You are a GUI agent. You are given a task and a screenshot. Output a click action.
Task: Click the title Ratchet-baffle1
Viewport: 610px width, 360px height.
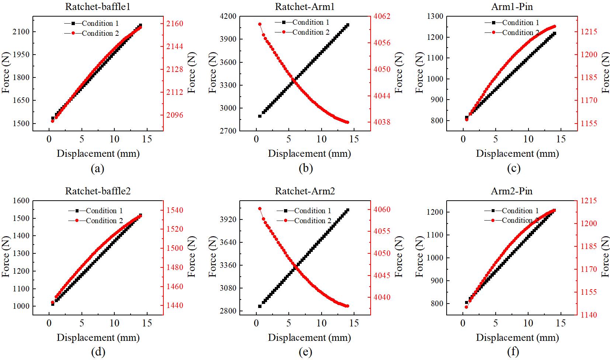[98, 7]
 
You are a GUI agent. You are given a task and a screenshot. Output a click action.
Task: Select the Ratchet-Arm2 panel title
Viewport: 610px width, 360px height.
[305, 191]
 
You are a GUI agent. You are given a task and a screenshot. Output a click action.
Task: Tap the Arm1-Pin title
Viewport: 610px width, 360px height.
[512, 7]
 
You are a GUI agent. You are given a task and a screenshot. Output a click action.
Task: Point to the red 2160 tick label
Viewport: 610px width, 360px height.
[174, 24]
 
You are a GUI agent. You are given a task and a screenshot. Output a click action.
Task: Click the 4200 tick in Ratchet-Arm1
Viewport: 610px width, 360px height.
[228, 16]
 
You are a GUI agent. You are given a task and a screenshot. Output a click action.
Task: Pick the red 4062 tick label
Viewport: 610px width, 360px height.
[382, 16]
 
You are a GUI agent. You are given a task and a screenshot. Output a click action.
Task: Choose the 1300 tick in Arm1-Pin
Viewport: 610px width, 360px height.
[435, 16]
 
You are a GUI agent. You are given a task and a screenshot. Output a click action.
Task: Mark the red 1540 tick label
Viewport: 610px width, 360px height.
[174, 210]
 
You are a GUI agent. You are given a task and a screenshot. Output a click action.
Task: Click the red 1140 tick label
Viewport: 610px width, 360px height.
[589, 315]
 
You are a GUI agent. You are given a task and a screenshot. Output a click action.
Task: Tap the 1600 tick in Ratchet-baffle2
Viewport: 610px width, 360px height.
[21, 201]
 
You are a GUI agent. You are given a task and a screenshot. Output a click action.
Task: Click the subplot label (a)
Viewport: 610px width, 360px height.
[98, 169]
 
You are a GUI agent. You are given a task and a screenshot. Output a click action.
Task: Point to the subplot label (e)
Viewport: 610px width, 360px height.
[305, 352]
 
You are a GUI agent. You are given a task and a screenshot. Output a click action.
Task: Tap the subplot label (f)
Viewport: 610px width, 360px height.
[513, 352]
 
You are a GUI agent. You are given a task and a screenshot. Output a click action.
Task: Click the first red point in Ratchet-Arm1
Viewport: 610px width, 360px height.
[260, 24]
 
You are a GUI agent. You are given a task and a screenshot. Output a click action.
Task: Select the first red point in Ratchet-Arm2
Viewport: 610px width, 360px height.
[260, 209]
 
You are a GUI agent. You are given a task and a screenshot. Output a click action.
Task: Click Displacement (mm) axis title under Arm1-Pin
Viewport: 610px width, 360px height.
[517, 153]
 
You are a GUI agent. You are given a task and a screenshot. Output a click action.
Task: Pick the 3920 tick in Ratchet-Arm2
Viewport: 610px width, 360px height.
[228, 219]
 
